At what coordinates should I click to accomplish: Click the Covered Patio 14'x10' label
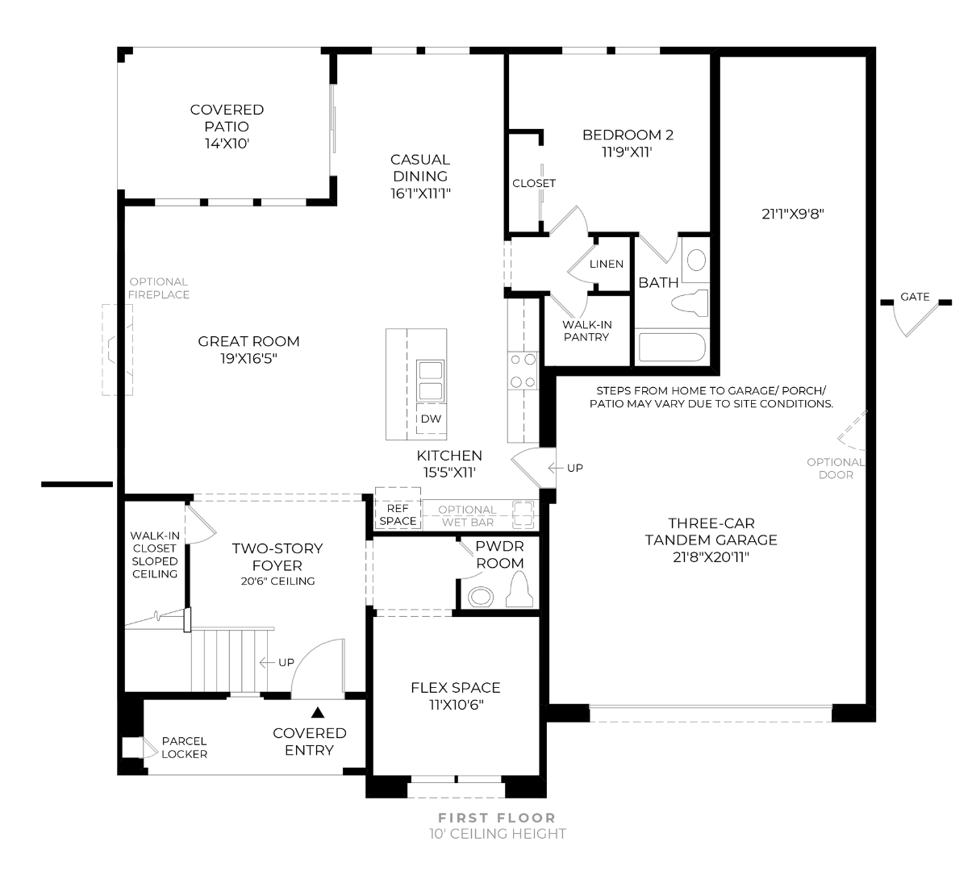pos(227,127)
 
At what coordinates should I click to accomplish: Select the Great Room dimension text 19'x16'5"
pos(249,358)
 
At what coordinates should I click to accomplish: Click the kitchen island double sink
pos(431,381)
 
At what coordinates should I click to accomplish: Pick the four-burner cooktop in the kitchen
pos(523,370)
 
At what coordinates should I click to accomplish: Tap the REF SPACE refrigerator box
pos(398,509)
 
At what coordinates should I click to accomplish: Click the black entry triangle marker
pos(317,712)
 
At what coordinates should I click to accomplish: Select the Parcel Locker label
pos(184,748)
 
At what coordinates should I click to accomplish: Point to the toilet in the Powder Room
pos(519,590)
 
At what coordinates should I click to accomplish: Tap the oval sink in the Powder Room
pos(480,597)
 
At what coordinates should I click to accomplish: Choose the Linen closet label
pos(607,264)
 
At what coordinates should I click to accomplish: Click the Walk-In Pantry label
pos(586,331)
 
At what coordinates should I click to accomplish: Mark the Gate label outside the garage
pos(915,297)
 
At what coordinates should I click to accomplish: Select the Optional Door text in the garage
pos(836,469)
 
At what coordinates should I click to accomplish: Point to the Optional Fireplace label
pos(158,288)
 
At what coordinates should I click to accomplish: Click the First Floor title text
pos(497,818)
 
